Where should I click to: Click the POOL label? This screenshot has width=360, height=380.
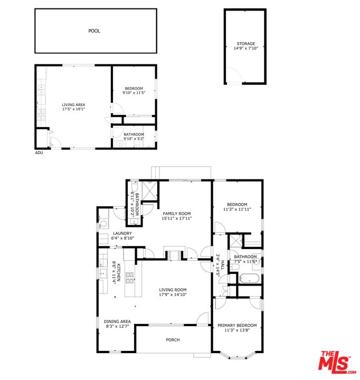coord(94,31)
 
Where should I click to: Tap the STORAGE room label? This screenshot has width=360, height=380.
coord(245,44)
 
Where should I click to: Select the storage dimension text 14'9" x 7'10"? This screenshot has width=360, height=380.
coord(245,48)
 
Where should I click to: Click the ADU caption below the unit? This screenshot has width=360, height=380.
coord(39,153)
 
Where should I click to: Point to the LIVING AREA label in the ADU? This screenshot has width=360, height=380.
coord(73,104)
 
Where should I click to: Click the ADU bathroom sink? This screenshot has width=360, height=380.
coord(119,144)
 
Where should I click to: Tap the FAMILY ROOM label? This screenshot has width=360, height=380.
coord(176,214)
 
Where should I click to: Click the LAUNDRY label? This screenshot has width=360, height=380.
coord(122,233)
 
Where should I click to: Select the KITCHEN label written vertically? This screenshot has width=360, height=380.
coord(119,272)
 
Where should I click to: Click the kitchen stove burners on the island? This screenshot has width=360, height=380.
coord(129,278)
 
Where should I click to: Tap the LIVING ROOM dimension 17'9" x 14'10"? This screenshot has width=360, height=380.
coord(173,294)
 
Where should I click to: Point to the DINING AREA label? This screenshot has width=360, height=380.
coord(117,321)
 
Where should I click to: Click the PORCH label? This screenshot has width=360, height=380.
coord(173,340)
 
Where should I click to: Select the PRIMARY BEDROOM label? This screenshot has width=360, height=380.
coord(237,326)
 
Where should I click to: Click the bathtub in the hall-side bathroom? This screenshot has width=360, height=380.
coord(249,278)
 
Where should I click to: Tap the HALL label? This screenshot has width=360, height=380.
coord(222,265)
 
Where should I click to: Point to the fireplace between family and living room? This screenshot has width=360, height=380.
coord(173,255)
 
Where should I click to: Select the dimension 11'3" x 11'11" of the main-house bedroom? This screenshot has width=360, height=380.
coord(237,209)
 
